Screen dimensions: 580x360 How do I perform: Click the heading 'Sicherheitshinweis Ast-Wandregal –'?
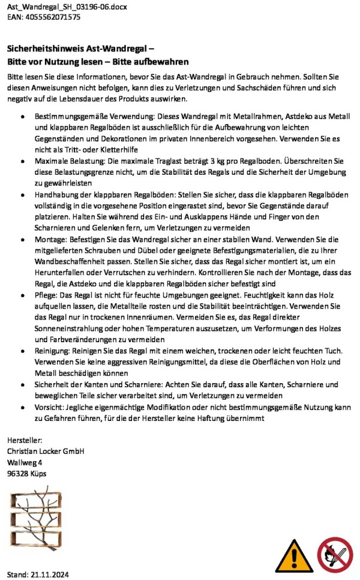click(80, 50)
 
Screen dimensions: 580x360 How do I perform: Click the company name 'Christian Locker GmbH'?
click(46, 451)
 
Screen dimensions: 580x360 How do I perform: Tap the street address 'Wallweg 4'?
click(25, 462)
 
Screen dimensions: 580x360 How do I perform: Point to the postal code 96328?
click(18, 474)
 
